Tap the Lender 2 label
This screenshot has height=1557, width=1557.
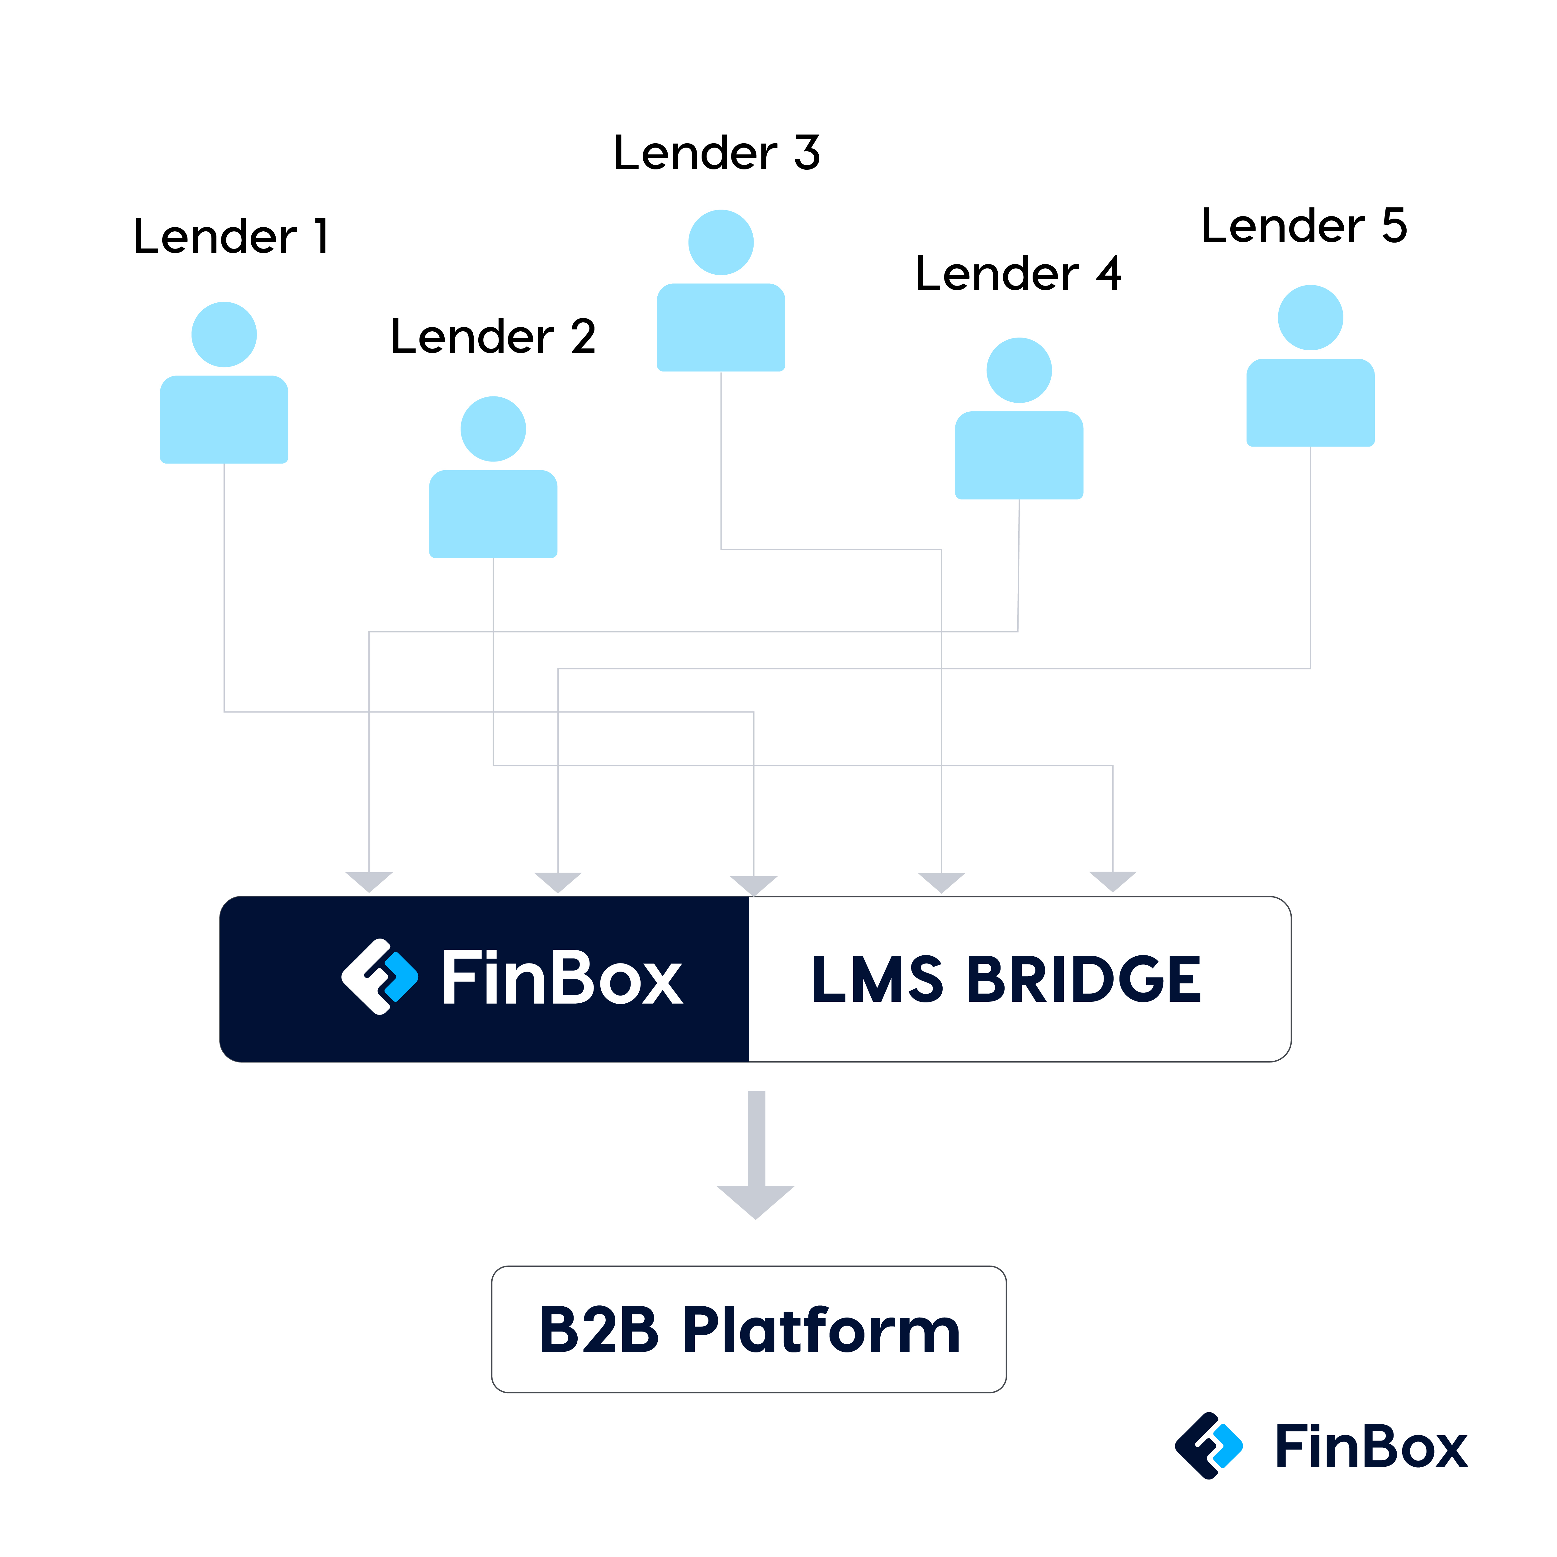(x=492, y=337)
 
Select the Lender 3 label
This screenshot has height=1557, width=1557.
(x=717, y=153)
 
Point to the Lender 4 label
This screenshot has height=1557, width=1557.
(x=1018, y=274)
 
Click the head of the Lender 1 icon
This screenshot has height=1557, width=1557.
(x=224, y=334)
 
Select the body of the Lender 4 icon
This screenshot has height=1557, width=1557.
(x=1019, y=455)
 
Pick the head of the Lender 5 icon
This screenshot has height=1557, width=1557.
(x=1310, y=318)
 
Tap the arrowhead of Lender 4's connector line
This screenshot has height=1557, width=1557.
(x=369, y=881)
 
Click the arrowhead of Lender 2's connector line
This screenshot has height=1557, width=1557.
(x=1113, y=881)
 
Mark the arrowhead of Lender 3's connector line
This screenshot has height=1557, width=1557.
(x=941, y=882)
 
